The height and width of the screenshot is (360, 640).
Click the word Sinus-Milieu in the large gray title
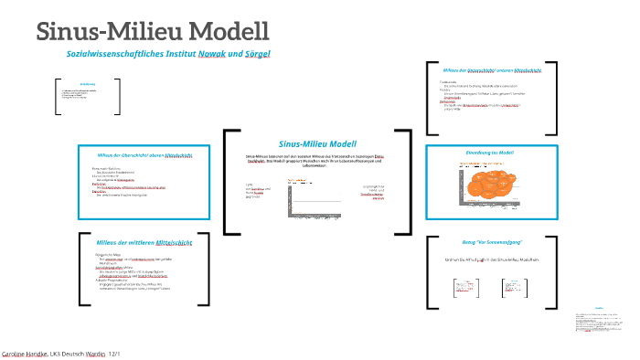[109, 31]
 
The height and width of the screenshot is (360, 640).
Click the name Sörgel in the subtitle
[259, 55]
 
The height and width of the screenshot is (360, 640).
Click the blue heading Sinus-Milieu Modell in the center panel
[317, 144]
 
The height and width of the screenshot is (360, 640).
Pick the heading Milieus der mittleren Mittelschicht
[144, 242]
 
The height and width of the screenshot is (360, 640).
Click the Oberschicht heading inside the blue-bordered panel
[144, 156]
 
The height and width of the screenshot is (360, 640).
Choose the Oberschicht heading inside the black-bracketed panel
[492, 70]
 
